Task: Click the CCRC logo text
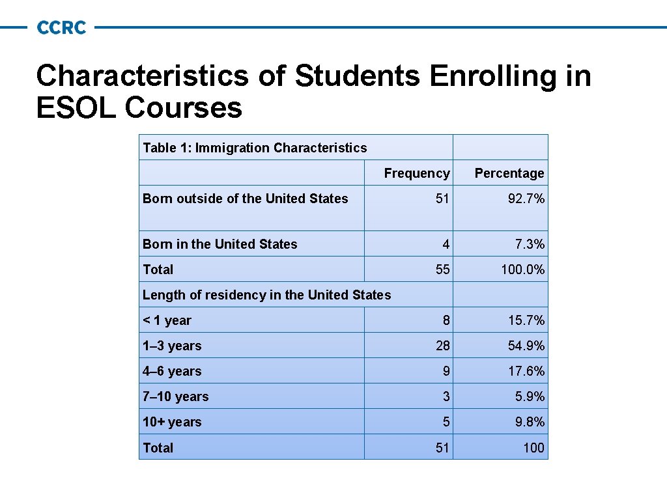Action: (62, 27)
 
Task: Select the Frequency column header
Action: (416, 173)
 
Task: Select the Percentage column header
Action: (509, 173)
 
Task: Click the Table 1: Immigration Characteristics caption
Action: (255, 148)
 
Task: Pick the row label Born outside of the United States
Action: (245, 199)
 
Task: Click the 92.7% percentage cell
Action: (526, 199)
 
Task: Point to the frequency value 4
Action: (445, 244)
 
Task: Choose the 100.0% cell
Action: (522, 270)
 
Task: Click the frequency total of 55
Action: (442, 270)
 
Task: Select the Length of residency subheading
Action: (266, 295)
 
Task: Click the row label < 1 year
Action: (167, 320)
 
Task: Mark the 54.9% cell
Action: (526, 346)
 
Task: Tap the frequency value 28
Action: (442, 346)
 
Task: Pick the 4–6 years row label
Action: (172, 371)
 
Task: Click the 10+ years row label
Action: (172, 422)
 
